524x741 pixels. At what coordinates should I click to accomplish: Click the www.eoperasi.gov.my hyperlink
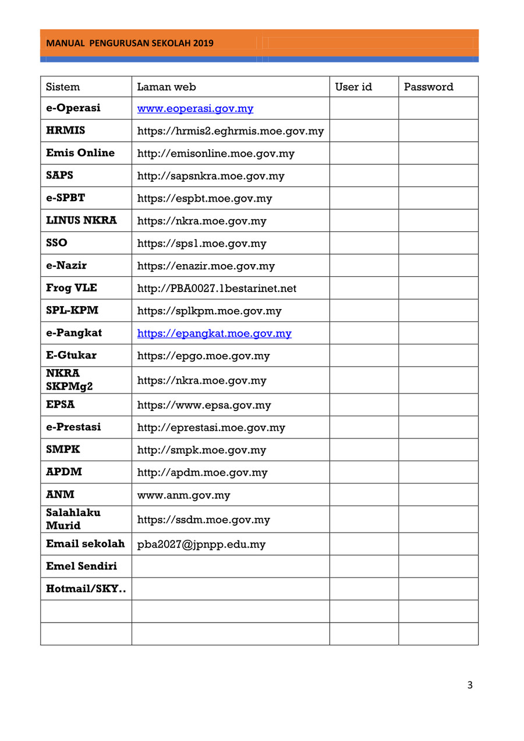[195, 109]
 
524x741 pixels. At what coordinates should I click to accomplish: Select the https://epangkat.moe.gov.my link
[214, 333]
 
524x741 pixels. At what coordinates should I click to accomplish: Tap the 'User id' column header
[353, 87]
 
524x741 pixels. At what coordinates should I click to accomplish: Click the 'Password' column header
[429, 87]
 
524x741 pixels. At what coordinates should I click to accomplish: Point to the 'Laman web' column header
[166, 87]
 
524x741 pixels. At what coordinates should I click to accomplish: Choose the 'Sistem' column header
[63, 87]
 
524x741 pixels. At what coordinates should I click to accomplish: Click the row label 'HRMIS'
[66, 131]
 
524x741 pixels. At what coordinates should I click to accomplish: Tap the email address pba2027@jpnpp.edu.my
[201, 545]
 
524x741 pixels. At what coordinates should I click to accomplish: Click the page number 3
[470, 685]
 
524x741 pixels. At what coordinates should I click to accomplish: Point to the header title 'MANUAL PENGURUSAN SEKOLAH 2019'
[130, 43]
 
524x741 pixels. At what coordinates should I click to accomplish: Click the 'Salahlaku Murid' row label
[73, 519]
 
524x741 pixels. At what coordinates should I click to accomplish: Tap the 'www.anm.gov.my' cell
[183, 496]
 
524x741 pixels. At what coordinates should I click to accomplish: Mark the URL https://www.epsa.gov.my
[204, 405]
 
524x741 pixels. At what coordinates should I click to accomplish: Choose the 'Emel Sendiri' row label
[82, 566]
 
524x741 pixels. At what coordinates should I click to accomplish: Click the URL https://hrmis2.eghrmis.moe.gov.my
[230, 131]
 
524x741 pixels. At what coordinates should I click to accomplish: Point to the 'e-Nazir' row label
[66, 266]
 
